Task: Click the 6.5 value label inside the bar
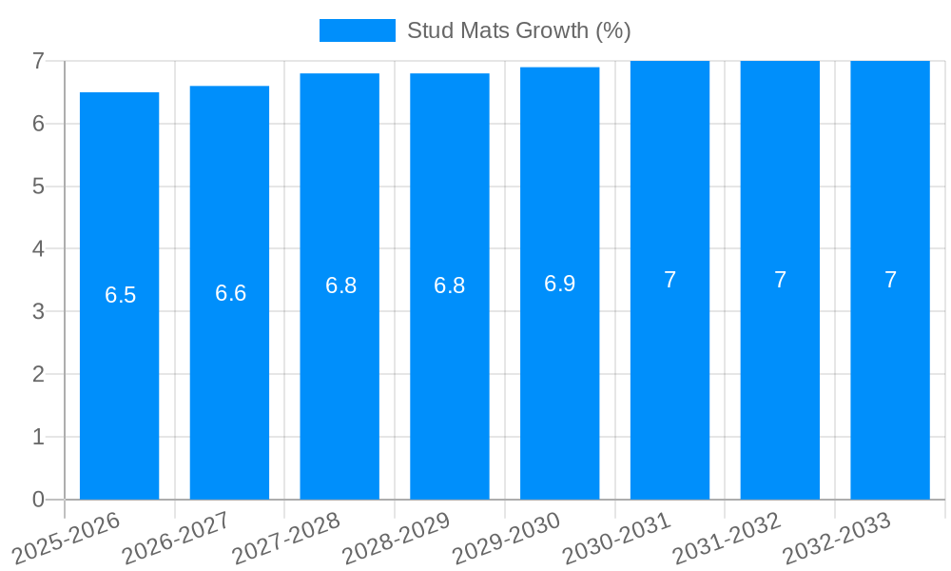(121, 295)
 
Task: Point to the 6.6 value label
(230, 293)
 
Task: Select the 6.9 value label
(559, 284)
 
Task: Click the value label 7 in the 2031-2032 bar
(780, 280)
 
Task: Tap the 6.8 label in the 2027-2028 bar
(340, 285)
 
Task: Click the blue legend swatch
(357, 30)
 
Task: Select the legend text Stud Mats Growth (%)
(518, 30)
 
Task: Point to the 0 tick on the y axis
(38, 500)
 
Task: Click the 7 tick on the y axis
(38, 61)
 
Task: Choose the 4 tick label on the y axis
(38, 249)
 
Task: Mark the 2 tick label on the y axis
(38, 374)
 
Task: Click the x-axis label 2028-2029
(397, 539)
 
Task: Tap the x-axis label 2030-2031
(617, 539)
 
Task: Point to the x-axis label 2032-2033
(837, 539)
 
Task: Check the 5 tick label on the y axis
(38, 187)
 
